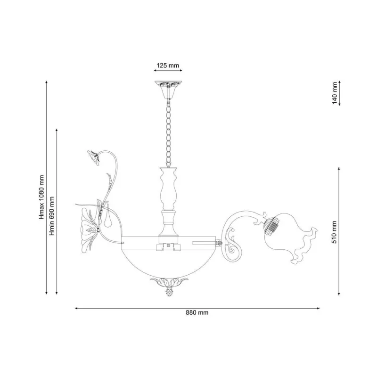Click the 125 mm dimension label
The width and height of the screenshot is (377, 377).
(168, 66)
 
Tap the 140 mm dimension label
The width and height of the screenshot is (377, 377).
(335, 93)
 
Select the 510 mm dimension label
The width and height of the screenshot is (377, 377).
(335, 232)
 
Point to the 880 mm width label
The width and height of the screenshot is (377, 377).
(197, 312)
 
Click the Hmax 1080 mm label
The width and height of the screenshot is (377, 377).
(42, 197)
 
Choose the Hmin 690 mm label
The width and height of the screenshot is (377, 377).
(51, 216)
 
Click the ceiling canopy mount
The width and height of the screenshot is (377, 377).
(168, 90)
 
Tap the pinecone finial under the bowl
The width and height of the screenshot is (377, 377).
(168, 293)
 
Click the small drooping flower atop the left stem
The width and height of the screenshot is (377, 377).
(93, 157)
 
